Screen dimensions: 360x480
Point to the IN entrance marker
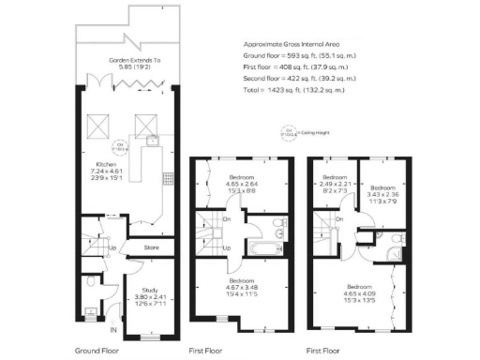click(x=113, y=329)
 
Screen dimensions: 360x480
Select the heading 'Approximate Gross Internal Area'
click(x=291, y=44)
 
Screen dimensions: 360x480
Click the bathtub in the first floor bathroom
click(x=264, y=247)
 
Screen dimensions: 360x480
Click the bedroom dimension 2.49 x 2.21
click(x=333, y=184)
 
